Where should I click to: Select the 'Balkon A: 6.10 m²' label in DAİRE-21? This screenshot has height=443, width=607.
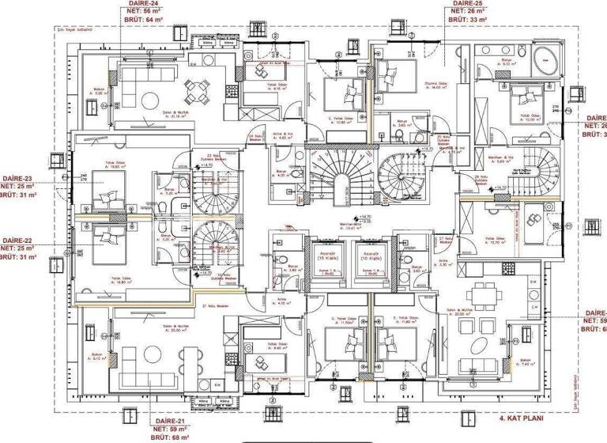tap(99, 355)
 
